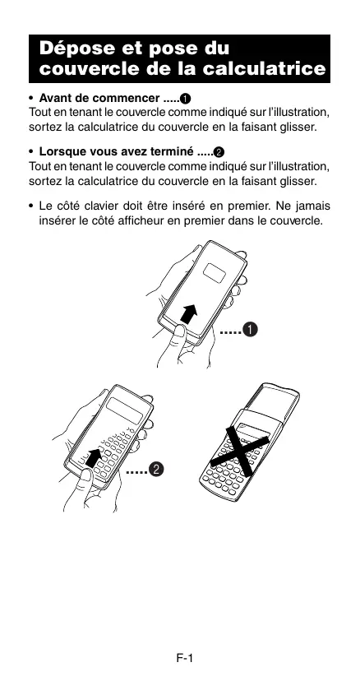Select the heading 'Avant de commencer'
99,98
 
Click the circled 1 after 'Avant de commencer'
186,99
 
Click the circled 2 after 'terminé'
219,152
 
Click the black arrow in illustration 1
189,313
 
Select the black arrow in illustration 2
94,458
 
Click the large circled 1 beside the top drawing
249,331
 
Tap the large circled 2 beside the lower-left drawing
156,470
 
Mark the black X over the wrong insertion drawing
241,450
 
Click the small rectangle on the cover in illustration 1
215,272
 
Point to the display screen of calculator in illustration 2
125,410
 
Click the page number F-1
185,658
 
